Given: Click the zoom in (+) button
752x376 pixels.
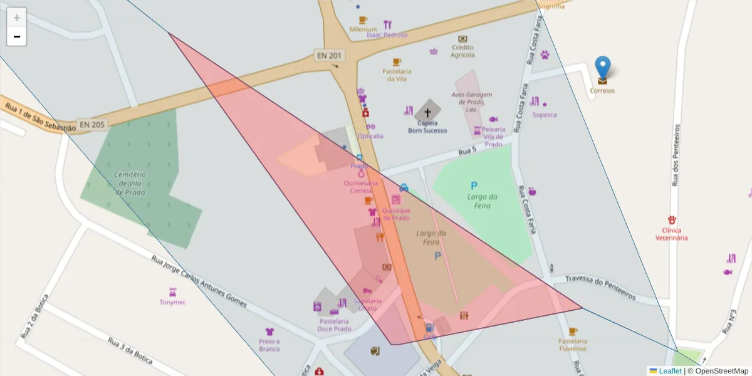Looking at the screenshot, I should coord(17,18).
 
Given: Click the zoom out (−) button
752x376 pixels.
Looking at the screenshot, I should coord(17,36).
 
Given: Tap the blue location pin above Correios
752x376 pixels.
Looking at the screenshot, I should coord(602,68).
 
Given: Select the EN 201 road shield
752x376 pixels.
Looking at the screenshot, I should coord(330,56).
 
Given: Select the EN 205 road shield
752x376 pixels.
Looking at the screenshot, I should coord(91,124).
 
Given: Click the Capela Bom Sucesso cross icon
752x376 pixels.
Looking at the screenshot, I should coord(428,113).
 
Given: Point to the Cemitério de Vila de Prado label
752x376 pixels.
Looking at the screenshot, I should coord(130,183).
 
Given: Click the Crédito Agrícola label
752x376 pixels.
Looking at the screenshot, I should coord(462,51).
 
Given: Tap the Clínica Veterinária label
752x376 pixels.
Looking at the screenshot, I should coord(672,234).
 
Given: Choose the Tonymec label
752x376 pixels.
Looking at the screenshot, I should coord(172,302).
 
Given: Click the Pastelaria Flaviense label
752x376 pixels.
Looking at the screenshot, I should coord(572,345).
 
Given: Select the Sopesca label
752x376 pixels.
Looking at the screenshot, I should coord(544,115).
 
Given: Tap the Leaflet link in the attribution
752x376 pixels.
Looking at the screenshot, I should coord(670,371).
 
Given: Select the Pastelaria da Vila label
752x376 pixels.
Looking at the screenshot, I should coord(397,75).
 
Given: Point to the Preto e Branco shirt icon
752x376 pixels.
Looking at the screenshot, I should coord(269,332).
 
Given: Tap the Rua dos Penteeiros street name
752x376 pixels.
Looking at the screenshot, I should coord(676,155).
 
